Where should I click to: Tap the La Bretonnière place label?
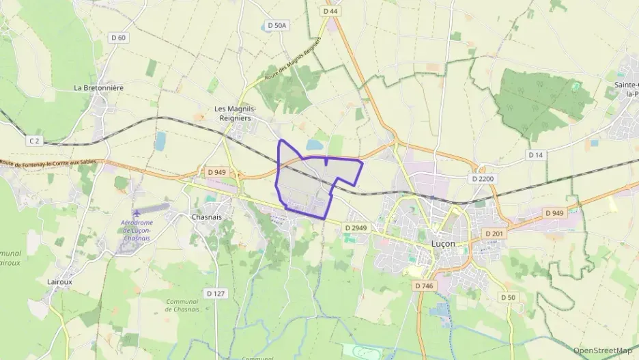point(99,87)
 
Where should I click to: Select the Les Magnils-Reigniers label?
point(235,113)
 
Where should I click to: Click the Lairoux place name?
point(60,281)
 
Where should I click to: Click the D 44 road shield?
point(330,12)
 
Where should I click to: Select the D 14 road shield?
point(536,155)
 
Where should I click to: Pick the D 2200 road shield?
point(483,178)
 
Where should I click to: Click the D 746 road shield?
point(423,286)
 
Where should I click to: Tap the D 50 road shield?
point(507,297)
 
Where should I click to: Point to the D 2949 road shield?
point(356,227)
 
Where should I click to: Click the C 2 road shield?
point(35,141)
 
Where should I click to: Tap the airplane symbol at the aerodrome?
point(139,212)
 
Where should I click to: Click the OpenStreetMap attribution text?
point(603,350)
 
